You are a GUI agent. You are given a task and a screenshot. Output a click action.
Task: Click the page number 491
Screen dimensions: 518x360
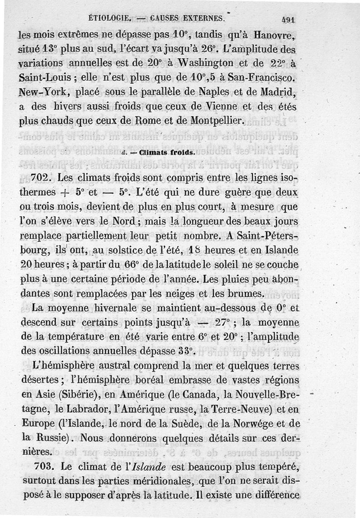point(287,19)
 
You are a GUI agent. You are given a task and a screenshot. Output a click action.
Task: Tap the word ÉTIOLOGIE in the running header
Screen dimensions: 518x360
point(108,19)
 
